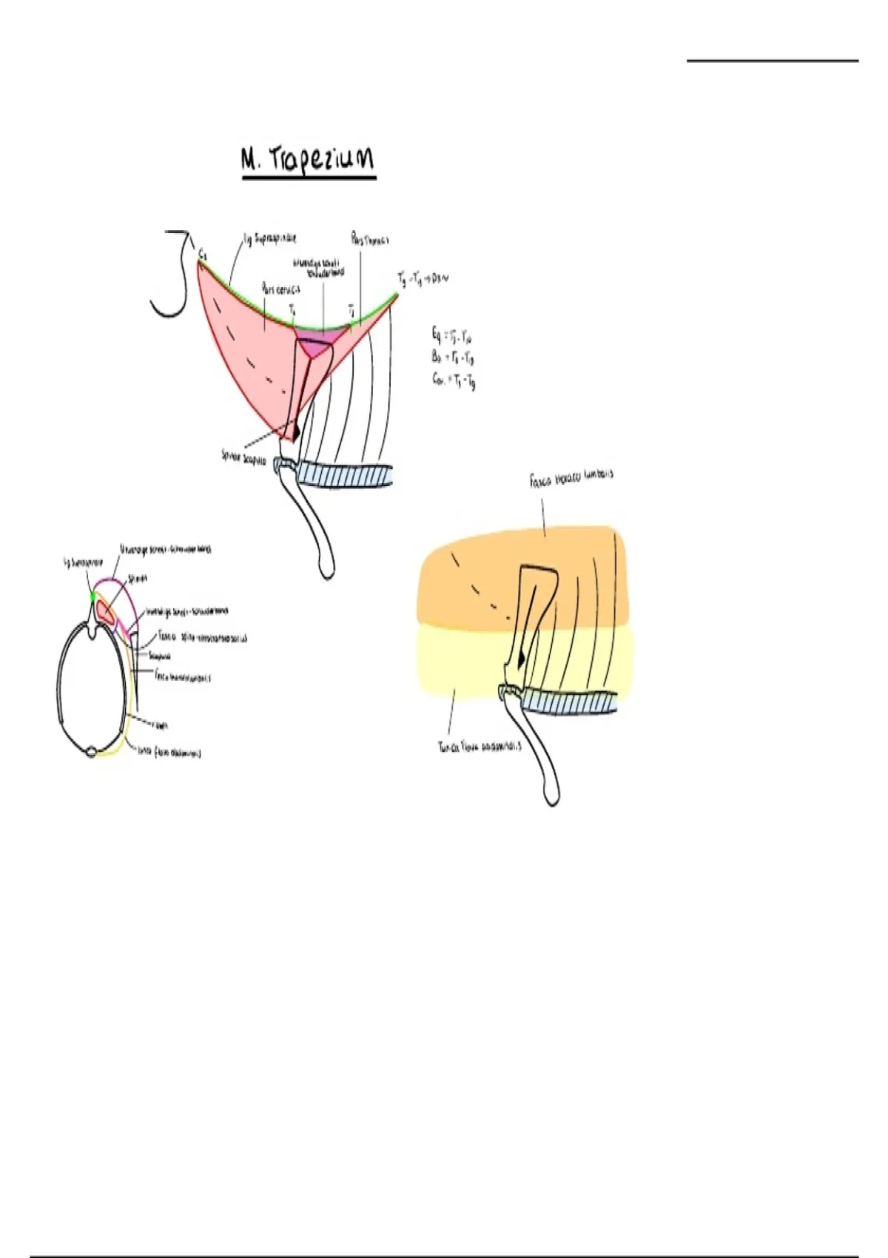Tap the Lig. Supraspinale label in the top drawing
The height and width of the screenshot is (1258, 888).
pyautogui.click(x=270, y=239)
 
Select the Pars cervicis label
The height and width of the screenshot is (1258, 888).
pyautogui.click(x=280, y=289)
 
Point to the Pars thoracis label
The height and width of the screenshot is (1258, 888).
pyautogui.click(x=370, y=239)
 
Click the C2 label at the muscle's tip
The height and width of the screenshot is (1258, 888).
pyautogui.click(x=202, y=253)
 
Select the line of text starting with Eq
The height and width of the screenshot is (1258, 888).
pyautogui.click(x=452, y=336)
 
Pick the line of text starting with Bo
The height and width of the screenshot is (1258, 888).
pyautogui.click(x=452, y=357)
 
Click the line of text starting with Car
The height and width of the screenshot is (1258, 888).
pyautogui.click(x=454, y=380)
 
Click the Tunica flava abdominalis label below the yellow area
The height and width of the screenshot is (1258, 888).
pyautogui.click(x=480, y=746)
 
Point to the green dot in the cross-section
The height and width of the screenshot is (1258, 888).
pyautogui.click(x=92, y=596)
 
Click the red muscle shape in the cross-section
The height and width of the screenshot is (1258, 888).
pyautogui.click(x=104, y=611)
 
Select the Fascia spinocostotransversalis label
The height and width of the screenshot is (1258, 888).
pyautogui.click(x=203, y=637)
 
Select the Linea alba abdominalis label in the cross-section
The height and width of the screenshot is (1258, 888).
pyautogui.click(x=169, y=753)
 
